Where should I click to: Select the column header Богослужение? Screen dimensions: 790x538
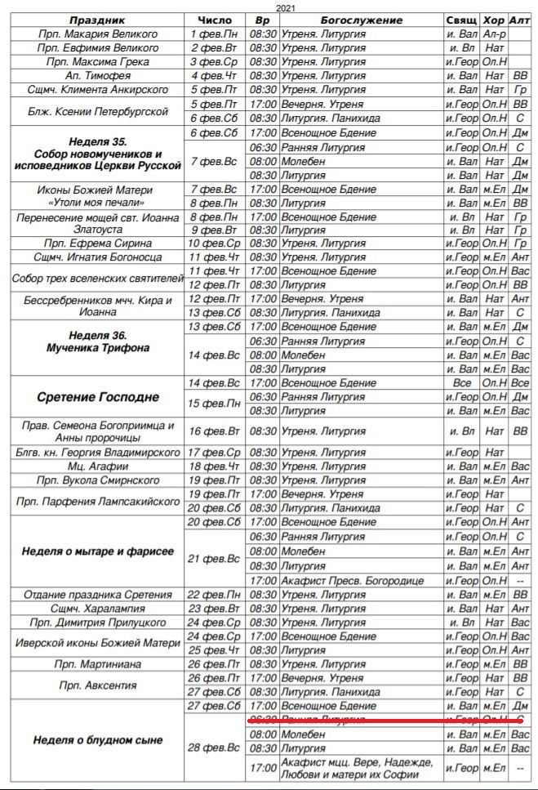tap(362, 20)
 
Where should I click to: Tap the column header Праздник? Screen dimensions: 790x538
tap(97, 20)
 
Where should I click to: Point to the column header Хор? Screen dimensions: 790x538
tap(493, 20)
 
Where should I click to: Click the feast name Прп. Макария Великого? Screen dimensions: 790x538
tap(98, 34)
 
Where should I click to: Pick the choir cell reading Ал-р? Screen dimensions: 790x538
tap(493, 34)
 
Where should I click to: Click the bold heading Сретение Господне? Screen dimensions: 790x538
tap(97, 398)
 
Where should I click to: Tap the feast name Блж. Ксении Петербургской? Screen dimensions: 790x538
tap(97, 111)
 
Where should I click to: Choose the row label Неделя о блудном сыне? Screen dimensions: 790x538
tap(97, 740)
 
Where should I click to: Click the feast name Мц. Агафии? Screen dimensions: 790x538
tap(97, 466)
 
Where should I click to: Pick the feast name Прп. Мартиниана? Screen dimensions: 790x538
tap(97, 664)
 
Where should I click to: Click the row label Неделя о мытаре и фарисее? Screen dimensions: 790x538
tap(97, 551)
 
